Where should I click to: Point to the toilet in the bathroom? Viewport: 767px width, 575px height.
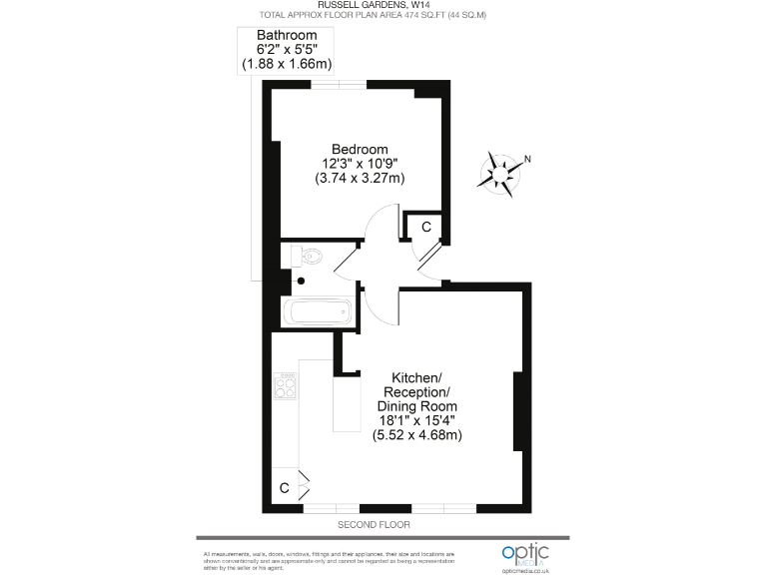point(310,257)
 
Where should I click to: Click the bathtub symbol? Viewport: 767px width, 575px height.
point(321,312)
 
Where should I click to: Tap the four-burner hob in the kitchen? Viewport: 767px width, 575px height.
point(286,385)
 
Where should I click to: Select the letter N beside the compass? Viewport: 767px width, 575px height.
point(528,159)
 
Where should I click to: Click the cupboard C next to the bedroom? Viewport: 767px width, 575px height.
point(426,227)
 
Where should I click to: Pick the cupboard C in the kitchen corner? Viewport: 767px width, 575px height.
point(285,488)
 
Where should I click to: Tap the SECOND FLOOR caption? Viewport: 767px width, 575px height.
point(375,525)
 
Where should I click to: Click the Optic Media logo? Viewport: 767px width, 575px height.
point(525,554)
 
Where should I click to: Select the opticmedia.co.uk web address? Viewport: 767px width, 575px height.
point(526,570)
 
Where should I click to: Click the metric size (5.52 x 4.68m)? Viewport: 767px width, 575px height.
point(416,435)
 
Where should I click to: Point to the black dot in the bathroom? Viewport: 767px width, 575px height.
point(301,281)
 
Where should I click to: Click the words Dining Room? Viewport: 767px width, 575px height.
point(416,406)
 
